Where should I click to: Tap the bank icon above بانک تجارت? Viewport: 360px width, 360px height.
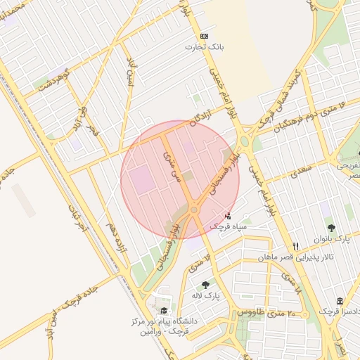204,36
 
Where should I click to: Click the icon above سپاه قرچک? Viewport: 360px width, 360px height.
228,216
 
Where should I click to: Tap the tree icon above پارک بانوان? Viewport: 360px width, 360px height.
331,229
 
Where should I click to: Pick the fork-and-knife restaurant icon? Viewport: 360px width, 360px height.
296,246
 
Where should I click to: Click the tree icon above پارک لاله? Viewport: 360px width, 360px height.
205,285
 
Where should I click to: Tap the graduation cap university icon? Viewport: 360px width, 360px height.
164,311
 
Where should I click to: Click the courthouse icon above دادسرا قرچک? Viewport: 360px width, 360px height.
340,301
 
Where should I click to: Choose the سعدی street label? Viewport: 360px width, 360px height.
300,171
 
